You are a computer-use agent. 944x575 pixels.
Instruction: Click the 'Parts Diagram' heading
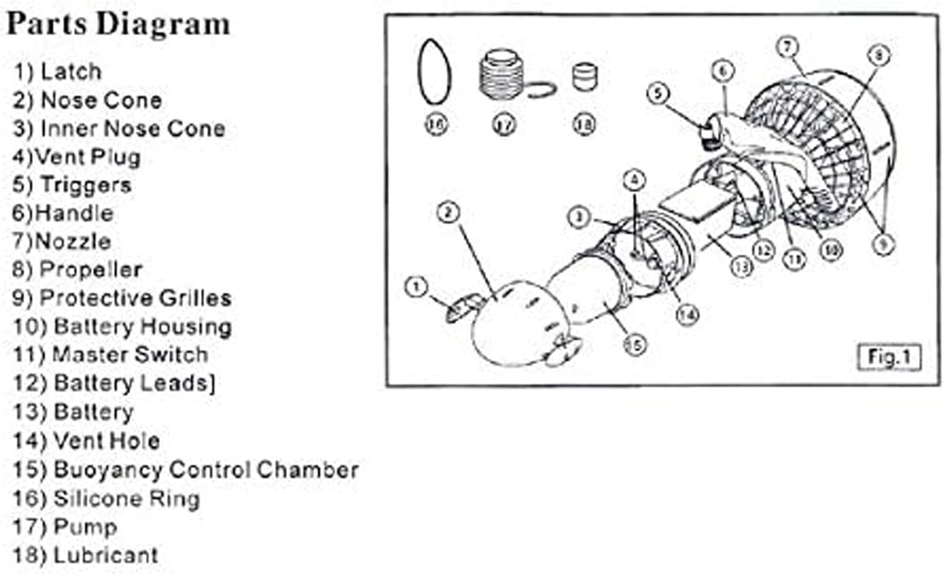118,25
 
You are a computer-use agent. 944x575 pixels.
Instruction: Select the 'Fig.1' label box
889,357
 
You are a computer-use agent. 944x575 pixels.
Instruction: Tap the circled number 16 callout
435,123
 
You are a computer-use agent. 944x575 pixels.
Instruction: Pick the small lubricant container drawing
585,77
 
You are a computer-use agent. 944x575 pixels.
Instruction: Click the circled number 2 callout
448,213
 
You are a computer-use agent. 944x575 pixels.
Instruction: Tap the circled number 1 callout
416,287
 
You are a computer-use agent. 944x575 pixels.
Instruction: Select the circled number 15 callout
635,344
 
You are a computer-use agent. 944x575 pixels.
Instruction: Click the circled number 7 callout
787,47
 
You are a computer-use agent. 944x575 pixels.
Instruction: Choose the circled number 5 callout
658,94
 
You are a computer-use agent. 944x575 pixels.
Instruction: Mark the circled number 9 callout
883,244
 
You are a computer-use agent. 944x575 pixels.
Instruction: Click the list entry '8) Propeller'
77,270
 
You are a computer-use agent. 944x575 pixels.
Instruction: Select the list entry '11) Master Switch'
110,355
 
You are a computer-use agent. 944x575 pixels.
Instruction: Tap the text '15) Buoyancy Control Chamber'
186,470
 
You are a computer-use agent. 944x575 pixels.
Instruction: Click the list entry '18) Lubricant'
85,555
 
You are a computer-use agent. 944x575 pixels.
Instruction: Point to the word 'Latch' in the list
70,72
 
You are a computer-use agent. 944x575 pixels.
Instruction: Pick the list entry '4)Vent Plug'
76,156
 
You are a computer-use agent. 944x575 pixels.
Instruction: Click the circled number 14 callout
687,314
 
